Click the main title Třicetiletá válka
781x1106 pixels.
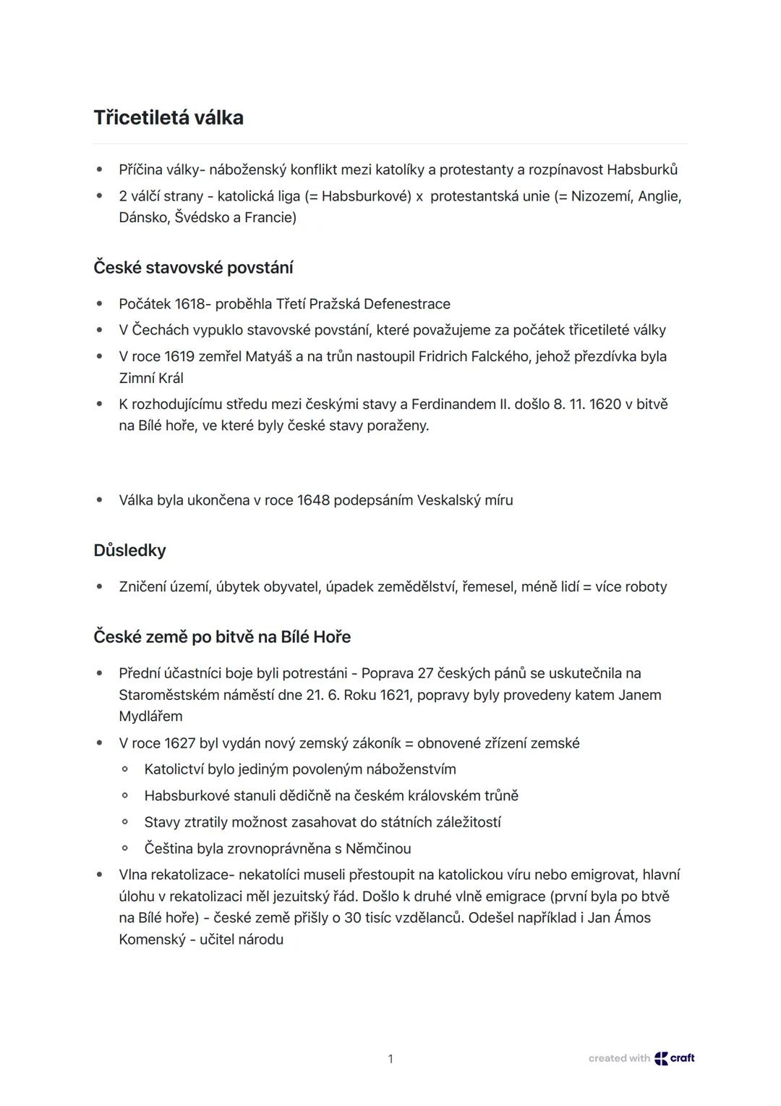click(x=168, y=118)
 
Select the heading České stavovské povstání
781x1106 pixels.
click(x=193, y=268)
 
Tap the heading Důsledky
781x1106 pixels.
click(x=129, y=550)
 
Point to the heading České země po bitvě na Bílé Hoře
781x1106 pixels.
click(x=222, y=637)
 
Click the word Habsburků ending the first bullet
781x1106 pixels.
click(x=642, y=170)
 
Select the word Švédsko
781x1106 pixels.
click(x=202, y=217)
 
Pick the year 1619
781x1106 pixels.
click(x=180, y=357)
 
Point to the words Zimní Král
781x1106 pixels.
click(x=151, y=378)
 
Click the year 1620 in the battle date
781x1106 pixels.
click(x=605, y=404)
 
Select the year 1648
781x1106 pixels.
click(x=313, y=500)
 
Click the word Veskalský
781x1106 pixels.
click(x=448, y=500)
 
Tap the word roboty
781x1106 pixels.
click(x=646, y=587)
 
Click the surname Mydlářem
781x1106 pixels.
click(x=150, y=717)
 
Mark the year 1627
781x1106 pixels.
click(x=180, y=743)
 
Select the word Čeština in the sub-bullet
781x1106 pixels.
click(x=172, y=848)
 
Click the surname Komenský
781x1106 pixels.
click(x=152, y=940)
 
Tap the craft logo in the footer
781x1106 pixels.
click(x=675, y=1058)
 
